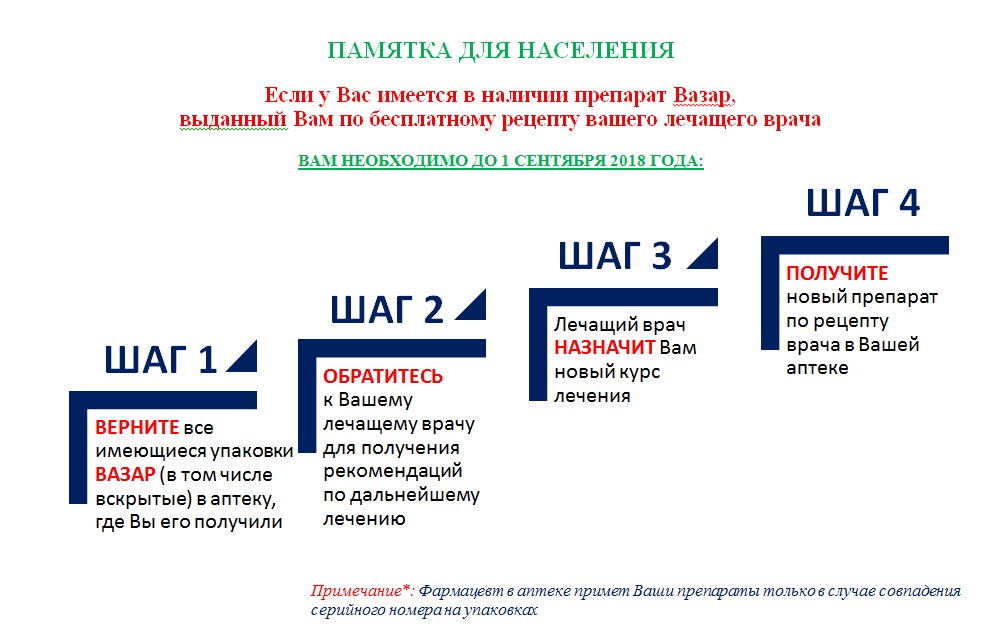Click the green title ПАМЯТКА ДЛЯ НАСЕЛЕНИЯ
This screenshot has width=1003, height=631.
(x=501, y=50)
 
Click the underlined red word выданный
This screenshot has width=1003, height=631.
(x=233, y=120)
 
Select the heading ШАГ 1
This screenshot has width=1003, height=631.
(x=161, y=359)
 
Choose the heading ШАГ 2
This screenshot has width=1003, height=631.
(x=387, y=309)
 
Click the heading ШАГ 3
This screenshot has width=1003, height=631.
(x=615, y=255)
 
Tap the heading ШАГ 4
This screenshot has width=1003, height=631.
(x=863, y=203)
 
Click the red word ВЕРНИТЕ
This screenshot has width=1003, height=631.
(x=137, y=427)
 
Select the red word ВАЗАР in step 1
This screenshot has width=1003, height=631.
(x=125, y=474)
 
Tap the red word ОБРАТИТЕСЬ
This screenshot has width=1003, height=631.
(x=383, y=376)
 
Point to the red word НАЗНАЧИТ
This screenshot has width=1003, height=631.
(x=604, y=347)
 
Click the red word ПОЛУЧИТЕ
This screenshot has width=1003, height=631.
(x=837, y=273)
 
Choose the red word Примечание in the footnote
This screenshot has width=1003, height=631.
(x=359, y=591)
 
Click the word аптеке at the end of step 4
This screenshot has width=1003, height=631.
(x=817, y=368)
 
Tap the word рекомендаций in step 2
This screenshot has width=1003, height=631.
(x=392, y=472)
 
